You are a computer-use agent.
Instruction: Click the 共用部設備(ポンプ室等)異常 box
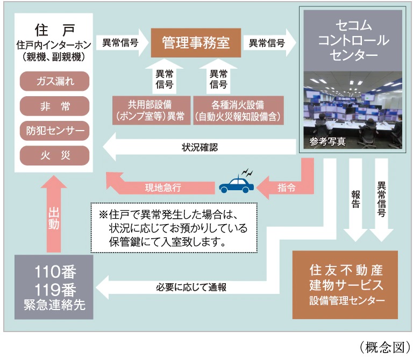click(x=149, y=109)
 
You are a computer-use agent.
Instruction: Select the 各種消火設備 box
click(x=239, y=109)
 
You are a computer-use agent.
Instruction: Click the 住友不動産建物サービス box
click(x=345, y=284)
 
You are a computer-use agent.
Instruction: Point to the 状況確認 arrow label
click(x=200, y=146)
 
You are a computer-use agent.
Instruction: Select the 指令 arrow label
click(x=286, y=188)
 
